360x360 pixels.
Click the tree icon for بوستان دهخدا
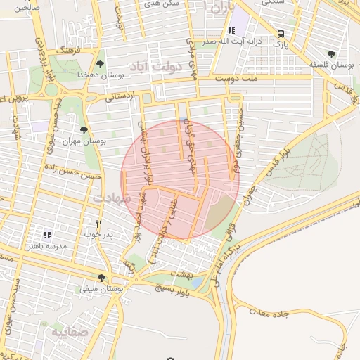pos(101,64)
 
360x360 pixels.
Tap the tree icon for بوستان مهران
pos(84,130)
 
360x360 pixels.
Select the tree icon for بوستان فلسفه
pos(331,54)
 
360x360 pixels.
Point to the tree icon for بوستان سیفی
pos(102,278)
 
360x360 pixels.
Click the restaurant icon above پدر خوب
pos(99,224)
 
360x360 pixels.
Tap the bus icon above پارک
pos(281,34)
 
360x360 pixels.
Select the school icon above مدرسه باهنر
pos(48,235)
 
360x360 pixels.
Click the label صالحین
pos(22,6)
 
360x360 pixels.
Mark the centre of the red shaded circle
pos(181,179)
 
